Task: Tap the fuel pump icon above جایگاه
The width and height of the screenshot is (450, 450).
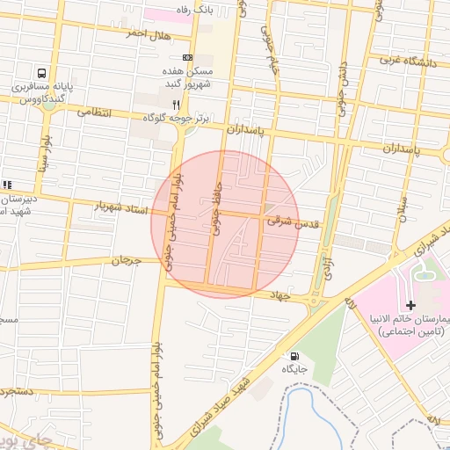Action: click(x=293, y=356)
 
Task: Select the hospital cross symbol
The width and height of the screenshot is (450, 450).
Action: click(x=410, y=304)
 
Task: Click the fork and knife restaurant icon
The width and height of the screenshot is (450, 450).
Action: click(x=177, y=104)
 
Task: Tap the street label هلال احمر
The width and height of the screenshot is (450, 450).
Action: click(x=146, y=33)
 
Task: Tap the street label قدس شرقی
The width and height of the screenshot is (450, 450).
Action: click(x=292, y=223)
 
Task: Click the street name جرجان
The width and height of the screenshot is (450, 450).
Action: click(x=127, y=260)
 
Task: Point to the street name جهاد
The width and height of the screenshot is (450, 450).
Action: click(x=279, y=297)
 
